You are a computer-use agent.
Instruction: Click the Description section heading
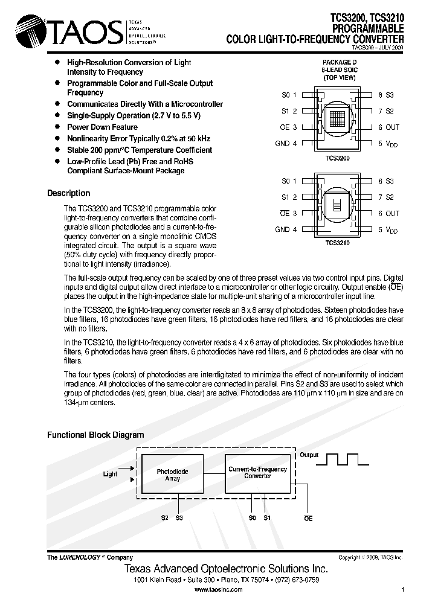(68, 193)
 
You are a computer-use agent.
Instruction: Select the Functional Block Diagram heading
(95, 435)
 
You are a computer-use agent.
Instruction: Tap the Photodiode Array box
(172, 475)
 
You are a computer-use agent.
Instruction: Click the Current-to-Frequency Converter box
(257, 472)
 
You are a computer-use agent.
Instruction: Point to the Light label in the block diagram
(110, 474)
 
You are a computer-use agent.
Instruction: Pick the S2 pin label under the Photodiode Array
(164, 517)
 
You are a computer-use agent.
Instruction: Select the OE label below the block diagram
(308, 518)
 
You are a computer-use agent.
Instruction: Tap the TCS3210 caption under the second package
(337, 243)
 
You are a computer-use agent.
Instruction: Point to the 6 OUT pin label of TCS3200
(388, 127)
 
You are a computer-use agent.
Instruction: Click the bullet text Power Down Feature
(102, 127)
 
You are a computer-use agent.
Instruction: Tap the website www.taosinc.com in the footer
(218, 589)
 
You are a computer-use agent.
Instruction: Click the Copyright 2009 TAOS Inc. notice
(370, 558)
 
